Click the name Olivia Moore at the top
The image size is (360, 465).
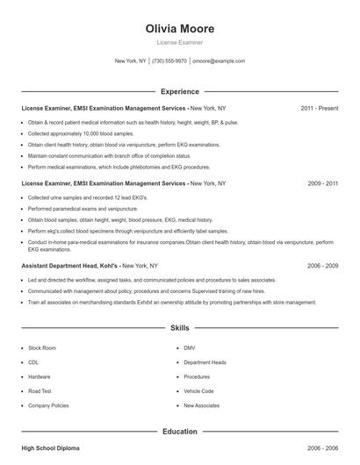(x=179, y=28)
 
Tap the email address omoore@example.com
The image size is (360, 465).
(x=219, y=61)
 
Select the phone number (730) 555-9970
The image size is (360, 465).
(x=169, y=61)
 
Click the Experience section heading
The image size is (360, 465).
(x=179, y=91)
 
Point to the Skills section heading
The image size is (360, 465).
(x=179, y=328)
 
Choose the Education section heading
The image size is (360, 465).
(x=179, y=432)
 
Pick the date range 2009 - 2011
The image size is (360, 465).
(x=322, y=183)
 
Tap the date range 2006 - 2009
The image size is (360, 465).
(x=322, y=264)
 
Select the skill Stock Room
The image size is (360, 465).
(x=42, y=348)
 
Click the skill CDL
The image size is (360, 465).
(x=33, y=362)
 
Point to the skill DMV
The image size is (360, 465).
(x=190, y=348)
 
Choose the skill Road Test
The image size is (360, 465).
(x=40, y=391)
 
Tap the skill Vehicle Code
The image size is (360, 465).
(x=198, y=391)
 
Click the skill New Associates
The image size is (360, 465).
(x=201, y=406)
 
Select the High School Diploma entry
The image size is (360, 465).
(x=50, y=448)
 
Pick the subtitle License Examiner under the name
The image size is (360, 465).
(x=179, y=41)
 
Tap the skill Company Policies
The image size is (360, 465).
(x=48, y=406)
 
